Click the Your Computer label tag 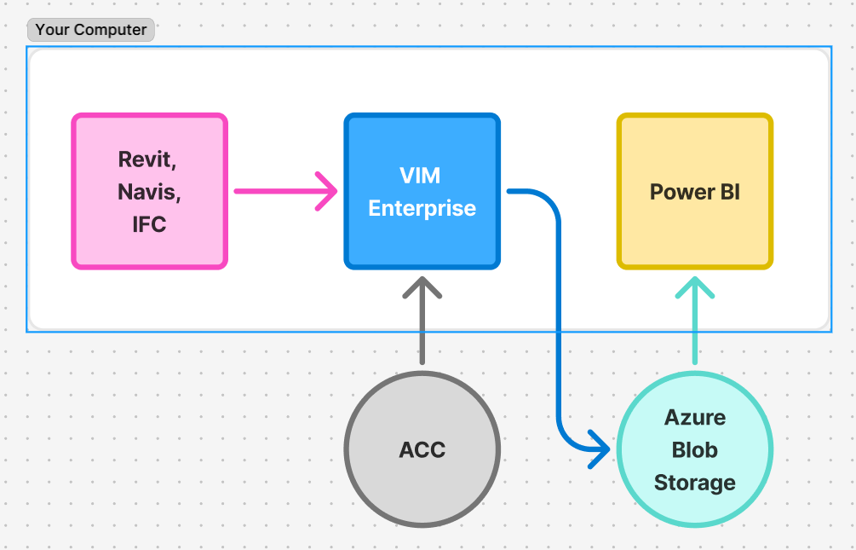(90, 30)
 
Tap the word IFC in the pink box (149, 224)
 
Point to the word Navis (149, 192)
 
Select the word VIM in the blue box (420, 176)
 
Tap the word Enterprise (422, 208)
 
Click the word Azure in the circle (695, 418)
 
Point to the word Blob (695, 450)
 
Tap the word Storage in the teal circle (694, 483)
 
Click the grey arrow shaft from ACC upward (422, 333)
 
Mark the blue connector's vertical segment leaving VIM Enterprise (559, 324)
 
